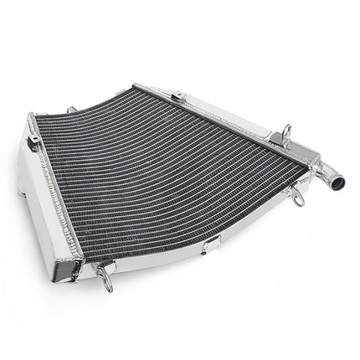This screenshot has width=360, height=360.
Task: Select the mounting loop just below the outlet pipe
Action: (x=296, y=197)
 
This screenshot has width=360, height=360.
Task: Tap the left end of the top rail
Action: (x=139, y=86)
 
